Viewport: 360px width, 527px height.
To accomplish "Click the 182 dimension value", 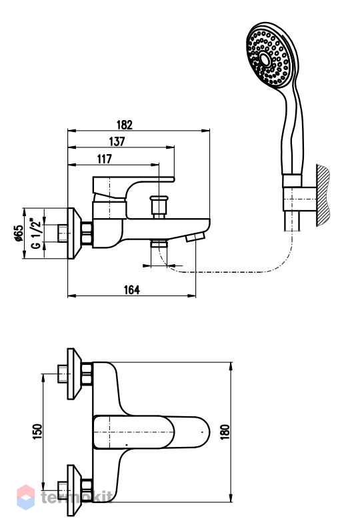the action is [x=125, y=125].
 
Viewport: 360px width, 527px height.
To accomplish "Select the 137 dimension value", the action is [x=117, y=141].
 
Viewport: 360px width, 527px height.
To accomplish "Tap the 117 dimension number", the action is [x=105, y=159].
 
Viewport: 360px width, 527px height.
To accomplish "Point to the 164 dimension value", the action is [x=132, y=290].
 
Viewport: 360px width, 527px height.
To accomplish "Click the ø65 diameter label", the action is [x=19, y=233].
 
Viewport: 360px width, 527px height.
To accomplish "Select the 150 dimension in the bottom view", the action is [x=37, y=432].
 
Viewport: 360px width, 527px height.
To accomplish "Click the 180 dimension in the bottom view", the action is [x=225, y=432].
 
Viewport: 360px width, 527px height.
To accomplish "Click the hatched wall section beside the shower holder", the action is [x=323, y=195].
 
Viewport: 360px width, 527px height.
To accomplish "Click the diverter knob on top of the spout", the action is [x=159, y=206].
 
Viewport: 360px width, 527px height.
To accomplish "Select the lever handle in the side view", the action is [x=133, y=188].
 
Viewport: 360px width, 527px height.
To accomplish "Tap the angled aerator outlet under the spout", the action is [x=195, y=237].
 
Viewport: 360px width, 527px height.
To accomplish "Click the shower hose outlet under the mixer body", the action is [x=159, y=243].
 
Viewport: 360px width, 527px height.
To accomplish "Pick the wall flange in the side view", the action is [x=74, y=233].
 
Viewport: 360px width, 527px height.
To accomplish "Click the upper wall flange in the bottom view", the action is [x=74, y=374].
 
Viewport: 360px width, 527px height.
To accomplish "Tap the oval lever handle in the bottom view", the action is [x=151, y=432].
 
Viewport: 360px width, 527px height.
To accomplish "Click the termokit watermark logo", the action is [x=64, y=497].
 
